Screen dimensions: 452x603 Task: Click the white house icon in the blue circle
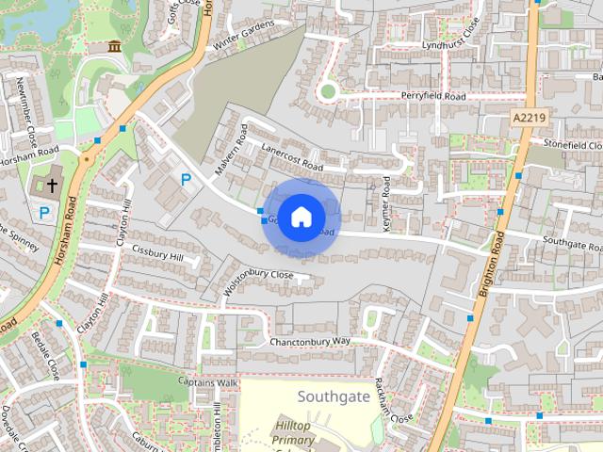tap(300, 217)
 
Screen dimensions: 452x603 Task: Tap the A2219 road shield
tap(530, 116)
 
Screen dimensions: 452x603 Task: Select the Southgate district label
tap(334, 395)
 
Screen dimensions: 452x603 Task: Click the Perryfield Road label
tap(432, 97)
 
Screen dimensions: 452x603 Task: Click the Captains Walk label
tap(208, 382)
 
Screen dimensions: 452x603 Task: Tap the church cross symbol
tap(51, 185)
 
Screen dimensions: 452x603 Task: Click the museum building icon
tap(115, 47)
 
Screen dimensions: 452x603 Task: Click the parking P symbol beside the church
tap(43, 214)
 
